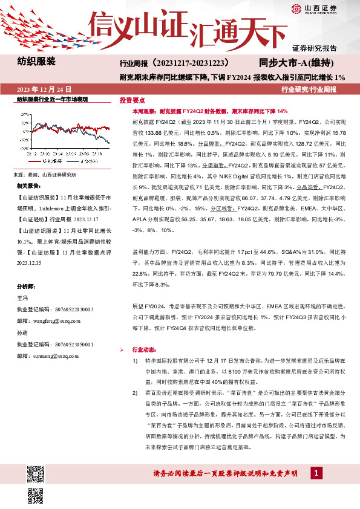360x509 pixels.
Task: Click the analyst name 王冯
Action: click(x=22, y=298)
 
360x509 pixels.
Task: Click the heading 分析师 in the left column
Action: click(x=28, y=287)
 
